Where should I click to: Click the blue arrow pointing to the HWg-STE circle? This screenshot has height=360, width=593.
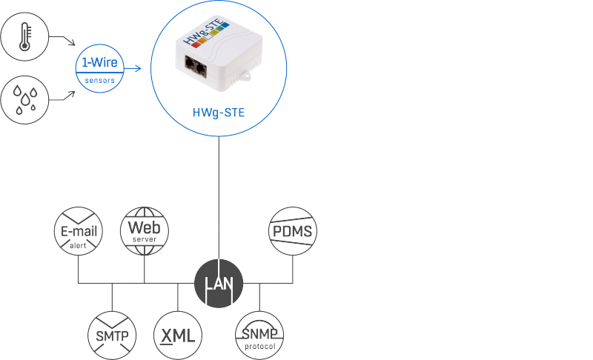[x=133, y=69]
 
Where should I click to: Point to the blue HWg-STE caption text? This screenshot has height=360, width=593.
[x=218, y=112]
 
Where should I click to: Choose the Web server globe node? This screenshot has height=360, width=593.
[x=145, y=230]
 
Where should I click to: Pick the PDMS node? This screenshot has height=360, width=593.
[x=292, y=231]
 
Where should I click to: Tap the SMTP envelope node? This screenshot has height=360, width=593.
[x=112, y=335]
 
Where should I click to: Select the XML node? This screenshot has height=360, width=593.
[x=178, y=335]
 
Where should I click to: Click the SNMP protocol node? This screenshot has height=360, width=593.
[x=259, y=335]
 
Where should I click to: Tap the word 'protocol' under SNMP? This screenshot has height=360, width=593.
[x=259, y=346]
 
